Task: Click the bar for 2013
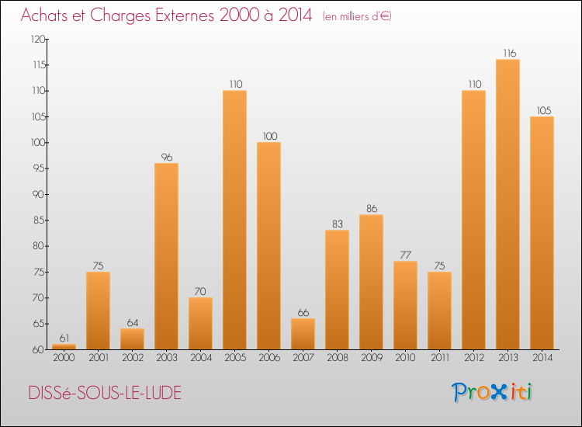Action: point(508,204)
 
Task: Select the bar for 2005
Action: point(234,220)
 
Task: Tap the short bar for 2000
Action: point(64,346)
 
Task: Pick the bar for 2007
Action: point(303,334)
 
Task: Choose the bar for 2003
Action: point(166,256)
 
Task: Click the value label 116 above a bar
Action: point(508,53)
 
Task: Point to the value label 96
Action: point(166,157)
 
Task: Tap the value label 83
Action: point(337,224)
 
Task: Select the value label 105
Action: point(542,110)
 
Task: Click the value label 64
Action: point(132,322)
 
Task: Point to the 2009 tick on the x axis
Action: point(371,358)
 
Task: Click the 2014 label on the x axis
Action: point(542,358)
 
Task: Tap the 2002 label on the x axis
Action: point(132,358)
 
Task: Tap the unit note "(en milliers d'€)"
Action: point(357,16)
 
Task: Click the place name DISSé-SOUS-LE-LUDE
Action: point(105,394)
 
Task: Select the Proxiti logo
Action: point(492,392)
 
